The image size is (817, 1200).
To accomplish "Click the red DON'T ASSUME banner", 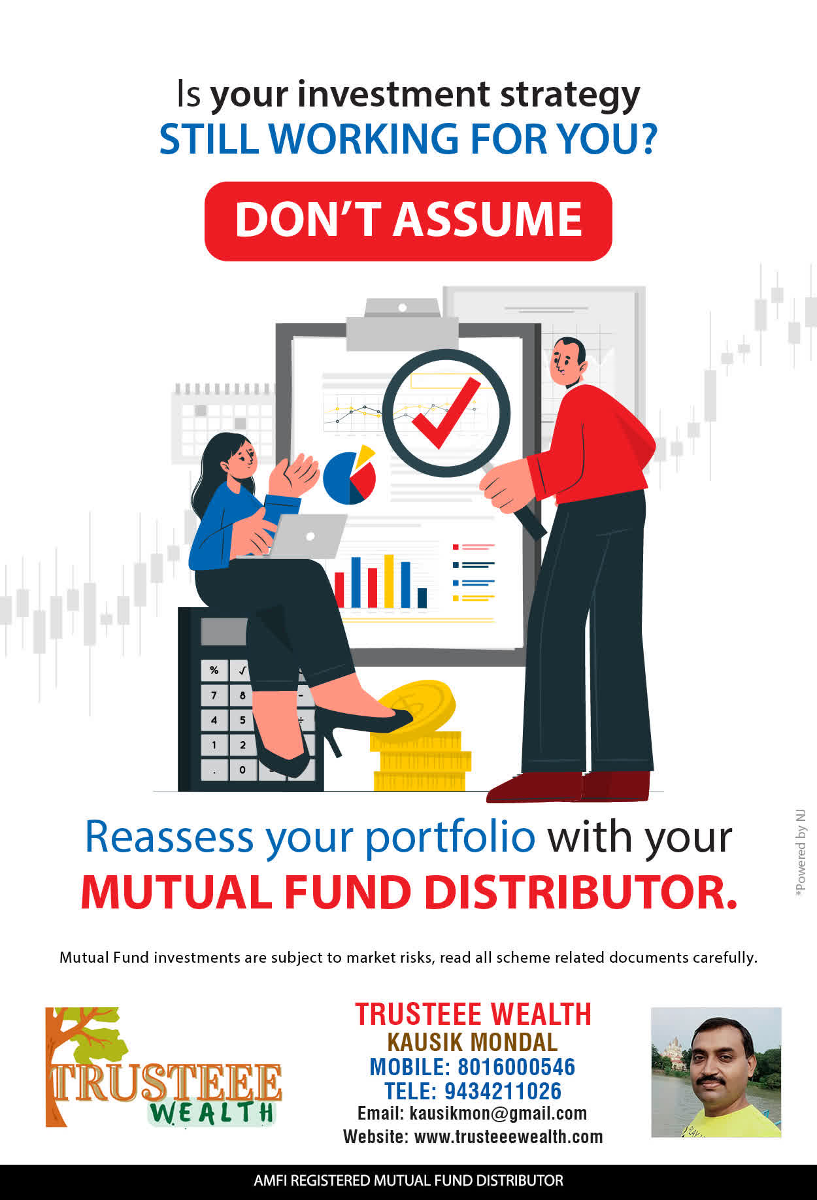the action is (408, 221).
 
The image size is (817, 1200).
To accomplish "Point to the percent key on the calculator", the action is (214, 671).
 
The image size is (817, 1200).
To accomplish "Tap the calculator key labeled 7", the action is (214, 695).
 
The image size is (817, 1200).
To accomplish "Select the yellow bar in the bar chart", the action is (389, 581).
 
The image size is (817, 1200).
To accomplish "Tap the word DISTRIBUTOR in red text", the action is (581, 892).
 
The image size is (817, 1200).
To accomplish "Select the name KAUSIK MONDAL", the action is (473, 1042).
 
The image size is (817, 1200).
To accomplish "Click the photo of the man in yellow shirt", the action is (716, 1072).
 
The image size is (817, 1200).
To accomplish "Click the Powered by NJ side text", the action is (801, 854).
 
